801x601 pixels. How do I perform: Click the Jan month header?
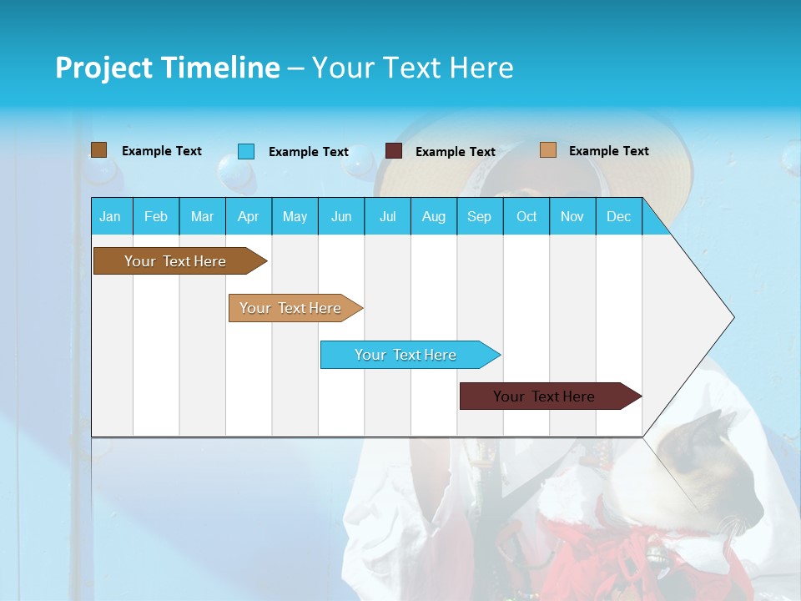tap(110, 216)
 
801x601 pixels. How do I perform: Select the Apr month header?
tap(248, 216)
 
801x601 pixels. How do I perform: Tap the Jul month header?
tap(387, 216)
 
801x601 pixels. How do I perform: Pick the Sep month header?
tap(479, 216)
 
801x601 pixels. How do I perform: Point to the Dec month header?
tap(618, 216)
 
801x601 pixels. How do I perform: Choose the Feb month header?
tap(156, 216)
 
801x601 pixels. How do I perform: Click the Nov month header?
tap(572, 216)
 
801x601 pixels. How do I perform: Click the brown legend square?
tap(98, 150)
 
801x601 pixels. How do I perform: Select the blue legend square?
tap(245, 151)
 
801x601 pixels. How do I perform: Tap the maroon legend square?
tap(393, 151)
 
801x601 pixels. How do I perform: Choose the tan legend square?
tap(547, 150)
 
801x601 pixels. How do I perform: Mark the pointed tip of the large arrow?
tap(733, 316)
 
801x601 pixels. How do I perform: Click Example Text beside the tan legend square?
tap(608, 150)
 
